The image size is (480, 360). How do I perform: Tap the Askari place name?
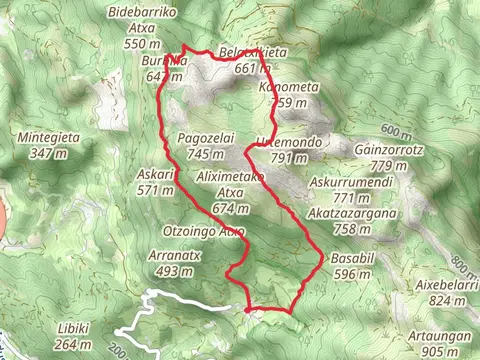pos(155,173)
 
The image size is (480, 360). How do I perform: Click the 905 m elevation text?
pos(442,352)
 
